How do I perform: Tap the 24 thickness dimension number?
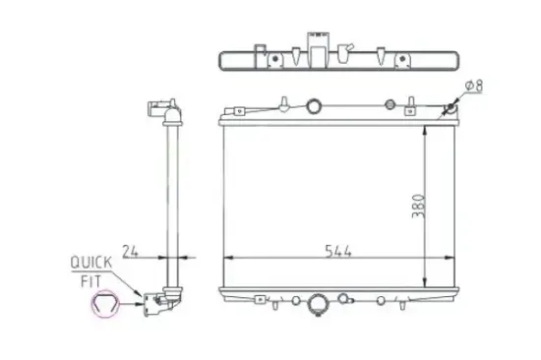[130, 249]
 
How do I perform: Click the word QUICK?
[91, 263]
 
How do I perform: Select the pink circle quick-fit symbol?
[103, 307]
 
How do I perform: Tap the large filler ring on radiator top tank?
[314, 106]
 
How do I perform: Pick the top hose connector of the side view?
[162, 111]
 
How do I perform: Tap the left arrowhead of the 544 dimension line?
[229, 257]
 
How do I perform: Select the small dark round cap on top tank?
[391, 105]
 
